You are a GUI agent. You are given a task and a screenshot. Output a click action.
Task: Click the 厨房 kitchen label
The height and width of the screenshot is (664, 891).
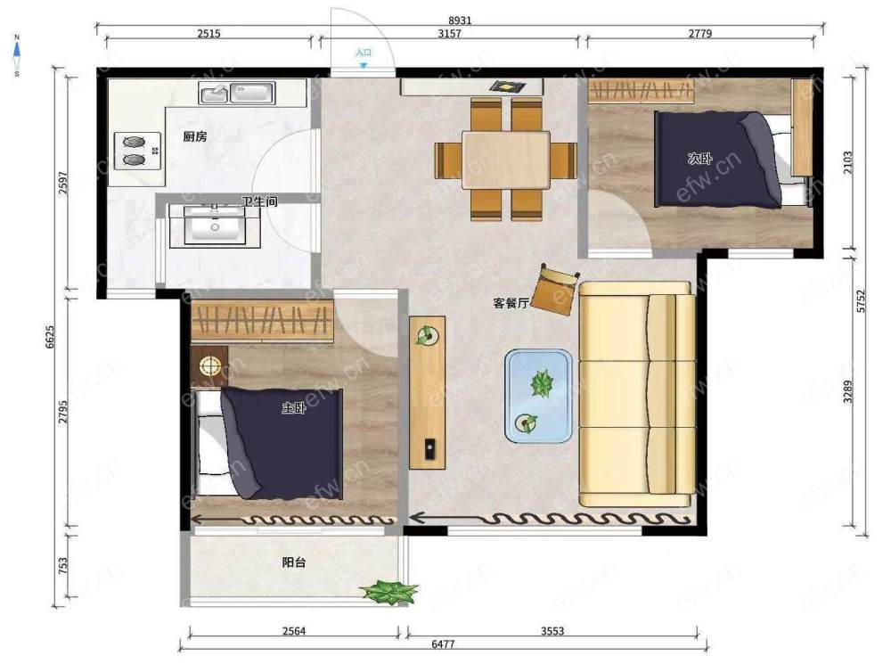tap(195, 136)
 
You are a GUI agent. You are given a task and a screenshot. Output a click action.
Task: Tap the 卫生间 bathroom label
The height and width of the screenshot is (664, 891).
tap(259, 201)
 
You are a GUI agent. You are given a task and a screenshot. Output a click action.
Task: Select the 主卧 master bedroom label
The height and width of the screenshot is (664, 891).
tap(294, 407)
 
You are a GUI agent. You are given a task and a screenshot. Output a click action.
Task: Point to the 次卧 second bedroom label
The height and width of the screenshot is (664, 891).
tap(699, 158)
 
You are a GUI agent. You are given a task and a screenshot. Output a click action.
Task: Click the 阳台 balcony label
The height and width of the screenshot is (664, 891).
tap(294, 562)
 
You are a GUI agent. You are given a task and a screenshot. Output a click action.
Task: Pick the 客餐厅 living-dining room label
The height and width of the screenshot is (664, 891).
tap(511, 303)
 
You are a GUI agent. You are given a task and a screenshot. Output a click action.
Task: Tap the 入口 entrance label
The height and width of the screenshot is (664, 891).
tap(364, 53)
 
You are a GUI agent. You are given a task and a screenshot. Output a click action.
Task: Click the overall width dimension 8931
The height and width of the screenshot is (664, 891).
tap(460, 20)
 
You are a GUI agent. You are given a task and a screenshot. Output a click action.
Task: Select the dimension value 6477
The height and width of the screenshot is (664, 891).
tap(443, 644)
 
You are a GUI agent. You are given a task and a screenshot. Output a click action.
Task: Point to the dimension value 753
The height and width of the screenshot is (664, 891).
tap(63, 564)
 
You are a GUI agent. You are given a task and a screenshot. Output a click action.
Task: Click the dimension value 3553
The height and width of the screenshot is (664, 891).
tap(552, 630)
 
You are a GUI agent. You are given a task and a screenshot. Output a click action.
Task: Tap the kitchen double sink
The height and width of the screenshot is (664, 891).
tap(237, 93)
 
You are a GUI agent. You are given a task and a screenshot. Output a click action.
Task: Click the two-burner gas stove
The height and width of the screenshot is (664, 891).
tap(137, 151)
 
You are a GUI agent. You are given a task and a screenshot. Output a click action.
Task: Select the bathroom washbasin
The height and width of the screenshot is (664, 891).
tap(215, 225)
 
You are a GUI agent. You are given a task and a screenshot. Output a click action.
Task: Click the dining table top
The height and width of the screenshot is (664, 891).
tap(506, 160)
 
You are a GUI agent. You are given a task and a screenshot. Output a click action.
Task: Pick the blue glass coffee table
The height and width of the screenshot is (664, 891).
tap(539, 397)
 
